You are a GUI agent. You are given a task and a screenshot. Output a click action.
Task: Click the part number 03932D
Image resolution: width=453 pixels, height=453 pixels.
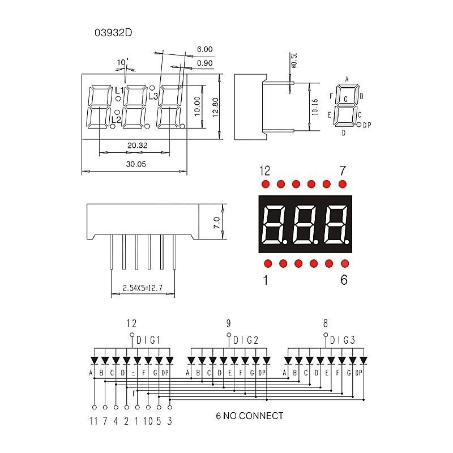click(113, 33)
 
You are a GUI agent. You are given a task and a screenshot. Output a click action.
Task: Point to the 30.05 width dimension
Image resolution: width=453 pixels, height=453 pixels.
click(136, 164)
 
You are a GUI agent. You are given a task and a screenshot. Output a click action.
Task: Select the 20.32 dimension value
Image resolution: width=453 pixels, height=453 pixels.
click(137, 146)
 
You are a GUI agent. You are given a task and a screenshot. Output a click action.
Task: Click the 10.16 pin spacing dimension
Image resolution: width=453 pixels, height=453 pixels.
click(315, 107)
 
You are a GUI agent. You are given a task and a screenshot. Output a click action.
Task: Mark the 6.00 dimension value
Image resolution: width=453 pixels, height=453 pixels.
click(204, 50)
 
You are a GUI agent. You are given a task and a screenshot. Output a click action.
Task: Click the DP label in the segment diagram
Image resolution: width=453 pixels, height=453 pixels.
click(367, 125)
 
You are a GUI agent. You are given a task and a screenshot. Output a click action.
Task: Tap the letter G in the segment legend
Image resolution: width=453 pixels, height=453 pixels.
click(345, 99)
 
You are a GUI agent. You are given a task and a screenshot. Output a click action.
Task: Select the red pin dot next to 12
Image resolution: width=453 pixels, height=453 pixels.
click(266, 184)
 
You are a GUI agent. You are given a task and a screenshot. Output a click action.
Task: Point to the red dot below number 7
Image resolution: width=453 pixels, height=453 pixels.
click(342, 184)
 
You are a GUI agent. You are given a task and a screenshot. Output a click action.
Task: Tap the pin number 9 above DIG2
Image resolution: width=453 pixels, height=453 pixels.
click(229, 324)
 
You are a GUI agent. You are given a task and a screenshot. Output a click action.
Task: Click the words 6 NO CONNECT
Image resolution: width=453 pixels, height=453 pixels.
click(249, 416)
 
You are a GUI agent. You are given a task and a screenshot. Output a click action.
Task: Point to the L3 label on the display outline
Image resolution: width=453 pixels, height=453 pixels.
click(153, 96)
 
